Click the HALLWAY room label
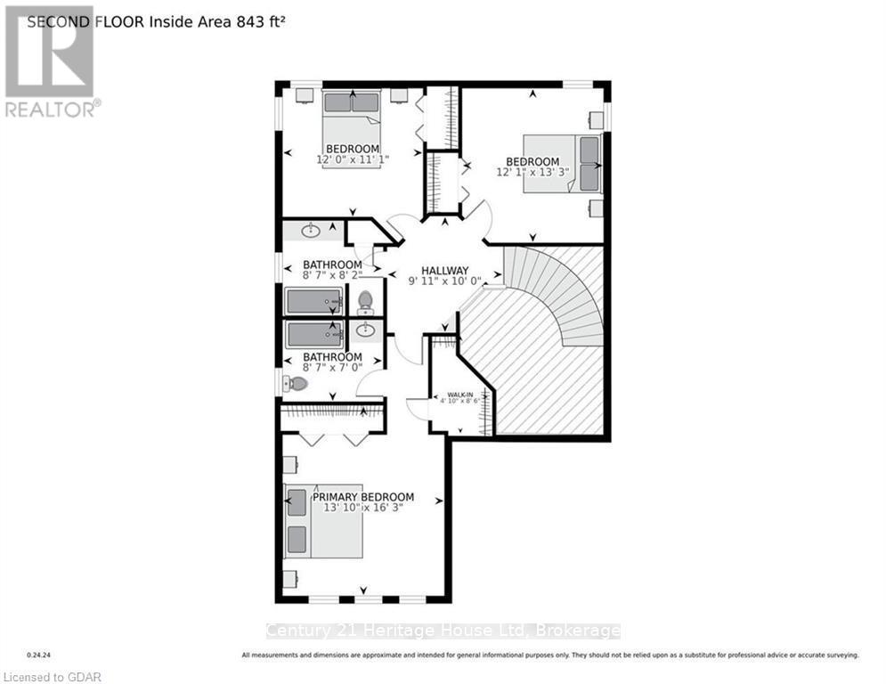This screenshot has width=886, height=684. pos(444,271)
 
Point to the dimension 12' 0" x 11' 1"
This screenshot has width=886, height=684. pos(352,159)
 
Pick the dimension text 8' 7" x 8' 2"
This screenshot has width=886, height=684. pos(332,276)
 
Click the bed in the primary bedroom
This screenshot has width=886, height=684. pos(322,522)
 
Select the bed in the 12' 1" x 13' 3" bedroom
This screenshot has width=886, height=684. pos(563,162)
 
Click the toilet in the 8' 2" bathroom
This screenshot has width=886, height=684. pos(365,303)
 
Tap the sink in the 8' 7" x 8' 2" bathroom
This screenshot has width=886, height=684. pos(312,232)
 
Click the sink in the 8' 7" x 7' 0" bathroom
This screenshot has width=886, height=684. pos(366,330)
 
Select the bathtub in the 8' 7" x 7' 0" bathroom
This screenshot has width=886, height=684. pos(314,335)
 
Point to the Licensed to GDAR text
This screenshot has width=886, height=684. pos(52,677)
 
